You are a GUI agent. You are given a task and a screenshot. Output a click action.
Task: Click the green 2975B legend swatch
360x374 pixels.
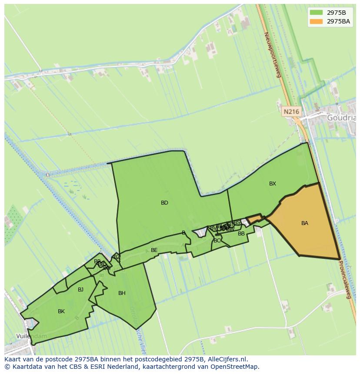coord(316,13)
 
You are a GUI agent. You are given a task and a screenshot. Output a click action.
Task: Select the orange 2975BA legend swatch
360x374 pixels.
coord(316,21)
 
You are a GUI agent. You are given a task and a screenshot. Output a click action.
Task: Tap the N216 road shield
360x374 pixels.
coord(291,112)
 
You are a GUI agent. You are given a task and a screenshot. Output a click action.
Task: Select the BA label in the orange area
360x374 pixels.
coord(304,223)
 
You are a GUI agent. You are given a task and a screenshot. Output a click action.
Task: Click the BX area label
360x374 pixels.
coord(272,184)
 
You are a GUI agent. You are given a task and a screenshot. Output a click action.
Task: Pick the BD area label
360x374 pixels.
coord(164,203)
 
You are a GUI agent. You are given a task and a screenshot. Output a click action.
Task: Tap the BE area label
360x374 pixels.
coord(154,250)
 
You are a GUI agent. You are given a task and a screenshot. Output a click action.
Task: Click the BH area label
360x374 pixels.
coord(122,293)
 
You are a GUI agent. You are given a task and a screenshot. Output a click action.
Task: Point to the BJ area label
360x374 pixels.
coord(80,290)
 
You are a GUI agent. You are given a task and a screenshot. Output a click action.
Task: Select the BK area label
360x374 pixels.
coord(61,311)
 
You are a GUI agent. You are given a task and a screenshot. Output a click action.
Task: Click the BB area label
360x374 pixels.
coord(241,234)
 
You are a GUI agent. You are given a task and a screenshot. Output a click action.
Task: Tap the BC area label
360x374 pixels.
coord(217,241)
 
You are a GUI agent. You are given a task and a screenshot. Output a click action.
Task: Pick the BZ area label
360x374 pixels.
coord(117,257)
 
